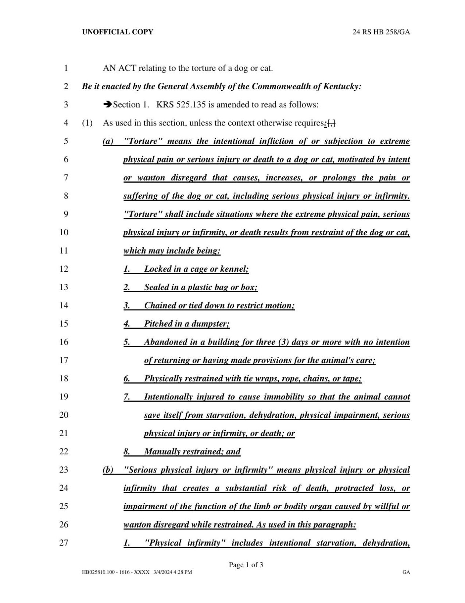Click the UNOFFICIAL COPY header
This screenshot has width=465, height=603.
[117, 32]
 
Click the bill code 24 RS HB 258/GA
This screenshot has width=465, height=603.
[381, 32]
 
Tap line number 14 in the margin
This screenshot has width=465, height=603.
[64, 305]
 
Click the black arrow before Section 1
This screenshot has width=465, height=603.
[108, 105]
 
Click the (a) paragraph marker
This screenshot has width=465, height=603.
[108, 141]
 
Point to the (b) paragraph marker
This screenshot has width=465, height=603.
[108, 470]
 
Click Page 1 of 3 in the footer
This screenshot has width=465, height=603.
[246, 565]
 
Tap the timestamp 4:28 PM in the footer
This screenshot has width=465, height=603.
[180, 572]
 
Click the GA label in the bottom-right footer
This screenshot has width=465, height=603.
[406, 572]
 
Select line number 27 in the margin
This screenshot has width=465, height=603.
[64, 543]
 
